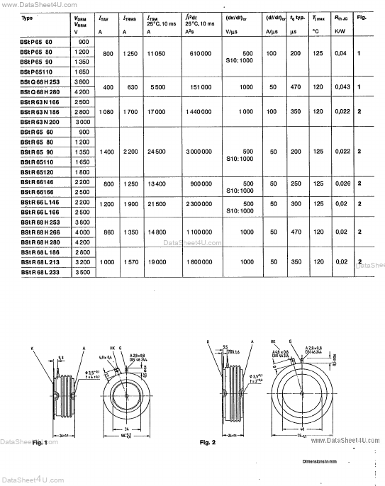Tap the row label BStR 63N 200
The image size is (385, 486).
pos(29,121)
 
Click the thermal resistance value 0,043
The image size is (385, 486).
pos(342,86)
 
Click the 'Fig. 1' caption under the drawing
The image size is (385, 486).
pos(40,442)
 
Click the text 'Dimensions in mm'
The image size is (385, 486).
pos(321,461)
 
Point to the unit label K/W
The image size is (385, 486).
pos(340,30)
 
